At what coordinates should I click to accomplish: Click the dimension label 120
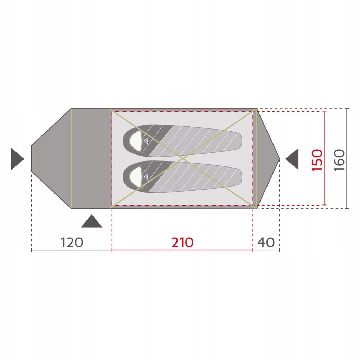click(72, 242)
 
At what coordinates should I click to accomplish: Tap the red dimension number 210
click(182, 242)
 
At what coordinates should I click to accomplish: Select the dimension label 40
click(266, 242)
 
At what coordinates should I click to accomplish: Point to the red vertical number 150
click(317, 160)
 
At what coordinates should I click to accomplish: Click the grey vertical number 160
click(340, 160)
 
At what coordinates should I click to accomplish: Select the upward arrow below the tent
click(92, 221)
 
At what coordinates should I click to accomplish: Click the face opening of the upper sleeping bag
click(136, 141)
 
